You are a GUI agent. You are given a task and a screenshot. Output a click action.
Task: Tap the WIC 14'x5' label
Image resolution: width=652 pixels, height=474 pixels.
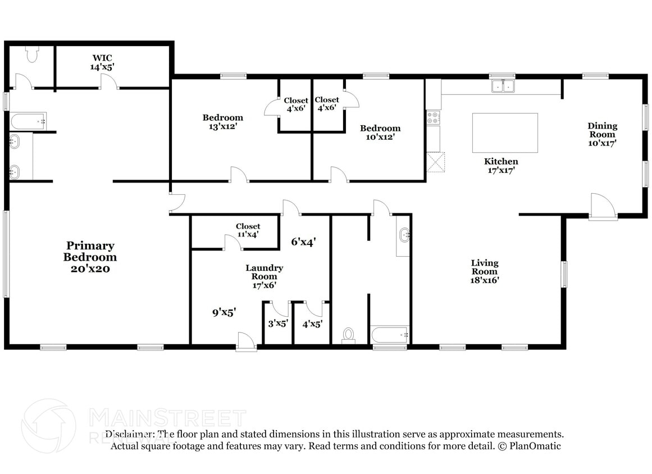tap(102, 62)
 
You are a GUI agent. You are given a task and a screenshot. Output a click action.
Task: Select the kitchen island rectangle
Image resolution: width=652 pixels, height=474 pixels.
tap(504, 133)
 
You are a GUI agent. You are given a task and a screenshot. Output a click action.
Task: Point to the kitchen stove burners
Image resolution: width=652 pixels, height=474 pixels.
tap(433, 117)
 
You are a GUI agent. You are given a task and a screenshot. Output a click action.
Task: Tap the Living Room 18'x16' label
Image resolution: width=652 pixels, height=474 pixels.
tap(484, 271)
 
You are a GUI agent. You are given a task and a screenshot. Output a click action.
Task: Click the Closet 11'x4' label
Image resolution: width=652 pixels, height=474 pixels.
tap(248, 230)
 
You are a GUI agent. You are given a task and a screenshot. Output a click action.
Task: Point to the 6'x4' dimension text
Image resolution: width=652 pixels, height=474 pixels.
tap(303, 242)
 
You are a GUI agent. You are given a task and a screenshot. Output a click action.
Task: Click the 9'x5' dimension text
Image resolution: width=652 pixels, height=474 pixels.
tap(224, 312)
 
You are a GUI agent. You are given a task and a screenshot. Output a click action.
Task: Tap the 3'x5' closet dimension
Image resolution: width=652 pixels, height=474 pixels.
tap(277, 323)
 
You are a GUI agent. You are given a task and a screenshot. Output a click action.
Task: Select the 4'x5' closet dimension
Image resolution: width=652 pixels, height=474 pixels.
tap(311, 323)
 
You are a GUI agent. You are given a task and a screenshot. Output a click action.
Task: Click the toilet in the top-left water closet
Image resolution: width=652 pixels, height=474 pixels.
tap(31, 54)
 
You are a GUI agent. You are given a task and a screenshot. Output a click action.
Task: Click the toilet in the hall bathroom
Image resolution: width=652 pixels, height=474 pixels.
tap(348, 335)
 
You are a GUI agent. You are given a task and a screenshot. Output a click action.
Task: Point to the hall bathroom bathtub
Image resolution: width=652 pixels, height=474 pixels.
tap(390, 335)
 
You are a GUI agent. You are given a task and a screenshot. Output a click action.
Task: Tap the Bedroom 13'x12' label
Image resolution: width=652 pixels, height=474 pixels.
tap(223, 122)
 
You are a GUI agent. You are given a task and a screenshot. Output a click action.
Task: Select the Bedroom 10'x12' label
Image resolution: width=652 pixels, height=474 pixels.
tap(380, 132)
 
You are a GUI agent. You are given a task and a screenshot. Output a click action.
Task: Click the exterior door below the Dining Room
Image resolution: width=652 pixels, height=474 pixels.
tap(603, 208)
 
